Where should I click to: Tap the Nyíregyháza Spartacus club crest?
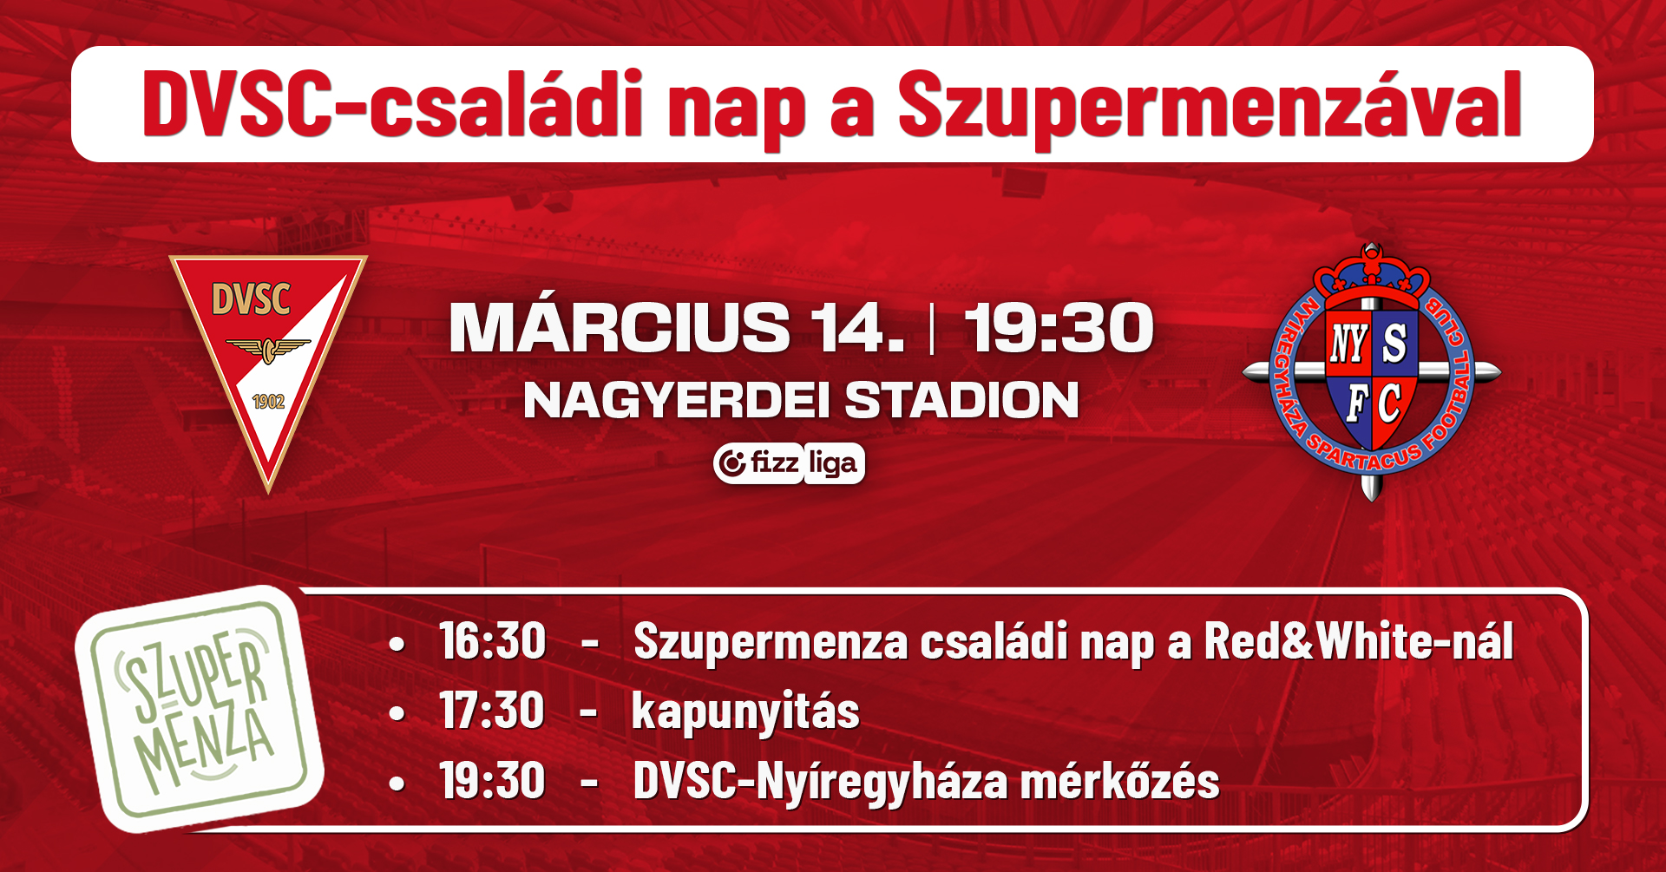click(1371, 372)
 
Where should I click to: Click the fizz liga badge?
click(789, 463)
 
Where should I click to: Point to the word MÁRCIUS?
click(620, 328)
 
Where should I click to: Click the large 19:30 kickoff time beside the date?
click(1059, 328)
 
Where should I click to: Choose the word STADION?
click(961, 400)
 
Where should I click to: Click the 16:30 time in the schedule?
click(492, 641)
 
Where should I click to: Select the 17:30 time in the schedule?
click(492, 711)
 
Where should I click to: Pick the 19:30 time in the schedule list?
click(492, 780)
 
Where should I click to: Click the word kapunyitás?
click(745, 713)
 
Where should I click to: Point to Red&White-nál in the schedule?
click(1359, 641)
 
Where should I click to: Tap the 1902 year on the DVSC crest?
click(268, 402)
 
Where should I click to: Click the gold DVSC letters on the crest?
click(251, 300)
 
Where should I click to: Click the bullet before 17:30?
click(397, 713)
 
